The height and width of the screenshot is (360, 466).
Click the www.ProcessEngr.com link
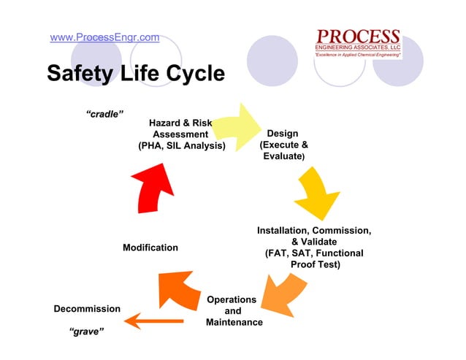[x=104, y=37]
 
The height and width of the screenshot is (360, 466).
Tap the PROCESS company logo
[x=357, y=42]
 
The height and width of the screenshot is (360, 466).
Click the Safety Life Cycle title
[x=136, y=74]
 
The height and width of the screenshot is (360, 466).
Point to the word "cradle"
[x=104, y=114]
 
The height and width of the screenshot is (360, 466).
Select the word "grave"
[x=85, y=332]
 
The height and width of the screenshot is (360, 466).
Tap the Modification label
[x=150, y=248]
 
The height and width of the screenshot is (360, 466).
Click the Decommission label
[x=87, y=309]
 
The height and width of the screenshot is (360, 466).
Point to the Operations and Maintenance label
[x=232, y=311]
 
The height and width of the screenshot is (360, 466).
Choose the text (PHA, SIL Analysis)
[x=182, y=147]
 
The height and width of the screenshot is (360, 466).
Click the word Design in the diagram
[x=282, y=134]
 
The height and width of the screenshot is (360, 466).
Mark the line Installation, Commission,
[x=314, y=231]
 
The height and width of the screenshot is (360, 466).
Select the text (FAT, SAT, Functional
[x=314, y=253]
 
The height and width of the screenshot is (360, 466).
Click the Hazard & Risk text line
[x=180, y=123]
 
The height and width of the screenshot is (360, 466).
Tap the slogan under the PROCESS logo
[x=357, y=55]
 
